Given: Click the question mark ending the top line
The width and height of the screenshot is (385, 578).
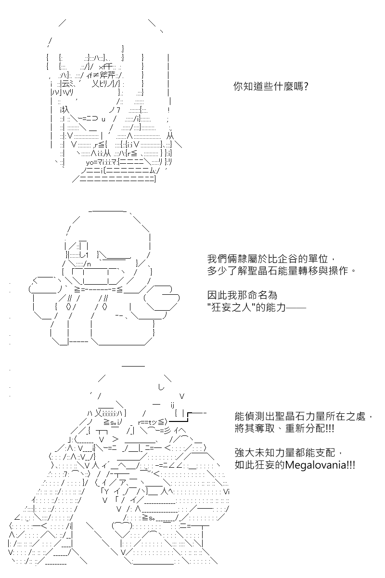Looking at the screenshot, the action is (x=305, y=86).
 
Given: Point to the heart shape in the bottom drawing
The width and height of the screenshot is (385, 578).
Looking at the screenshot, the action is (x=122, y=528).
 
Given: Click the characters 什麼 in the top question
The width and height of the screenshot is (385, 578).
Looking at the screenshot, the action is (x=283, y=86).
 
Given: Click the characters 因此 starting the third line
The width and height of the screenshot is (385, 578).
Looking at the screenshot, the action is (x=214, y=295).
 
